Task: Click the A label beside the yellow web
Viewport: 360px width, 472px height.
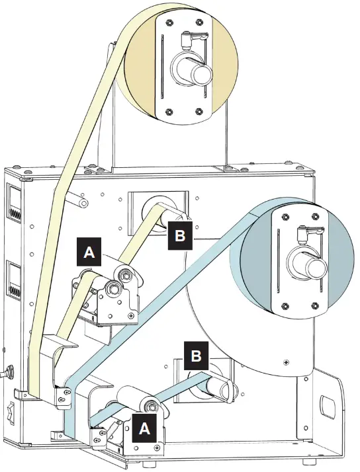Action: pos(89,252)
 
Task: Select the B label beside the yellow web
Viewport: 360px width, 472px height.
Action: pos(179,234)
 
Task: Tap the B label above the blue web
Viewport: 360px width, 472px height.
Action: pos(196,356)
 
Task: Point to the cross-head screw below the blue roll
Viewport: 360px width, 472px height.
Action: pos(285,362)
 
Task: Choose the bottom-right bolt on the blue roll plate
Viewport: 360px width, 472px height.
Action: pos(313,305)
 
